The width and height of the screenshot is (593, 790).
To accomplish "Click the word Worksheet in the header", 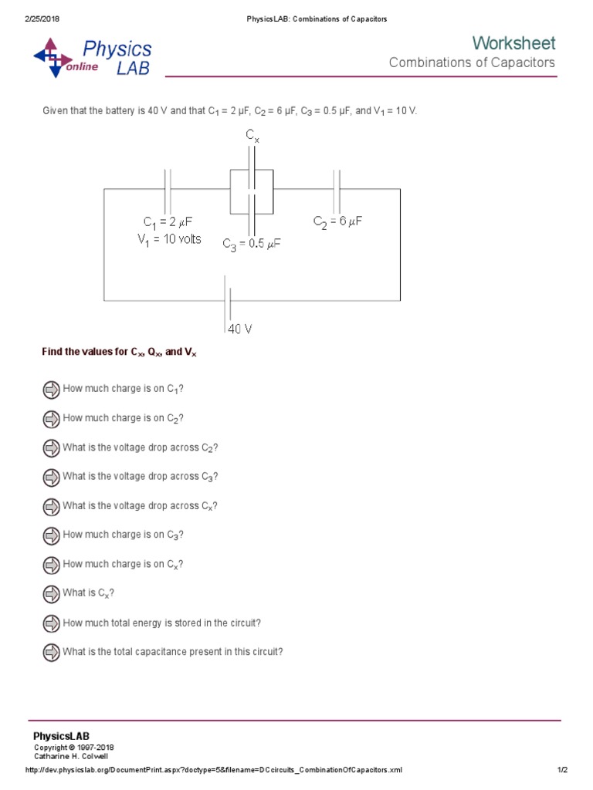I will click(x=513, y=43).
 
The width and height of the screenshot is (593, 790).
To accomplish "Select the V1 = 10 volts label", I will click(x=169, y=239).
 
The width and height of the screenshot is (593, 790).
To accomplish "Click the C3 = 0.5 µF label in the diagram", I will click(x=252, y=244).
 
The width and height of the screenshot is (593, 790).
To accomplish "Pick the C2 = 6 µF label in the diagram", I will click(x=337, y=221).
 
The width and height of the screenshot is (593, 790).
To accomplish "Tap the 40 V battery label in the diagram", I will click(x=239, y=329).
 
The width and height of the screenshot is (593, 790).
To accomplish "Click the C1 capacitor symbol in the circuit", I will click(x=168, y=189).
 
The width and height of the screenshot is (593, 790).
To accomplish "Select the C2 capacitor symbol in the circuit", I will click(x=337, y=189).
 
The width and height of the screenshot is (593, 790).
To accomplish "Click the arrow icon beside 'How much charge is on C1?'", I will click(x=51, y=389).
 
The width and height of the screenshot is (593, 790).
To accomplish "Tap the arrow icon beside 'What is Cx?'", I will click(x=51, y=593).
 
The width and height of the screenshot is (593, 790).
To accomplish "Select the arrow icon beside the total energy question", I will click(x=51, y=623).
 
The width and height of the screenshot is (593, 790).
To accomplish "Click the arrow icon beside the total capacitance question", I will click(x=51, y=652).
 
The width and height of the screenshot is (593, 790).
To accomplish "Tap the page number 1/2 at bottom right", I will click(x=562, y=770).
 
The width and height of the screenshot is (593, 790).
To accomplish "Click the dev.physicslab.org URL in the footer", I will click(x=214, y=770).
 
